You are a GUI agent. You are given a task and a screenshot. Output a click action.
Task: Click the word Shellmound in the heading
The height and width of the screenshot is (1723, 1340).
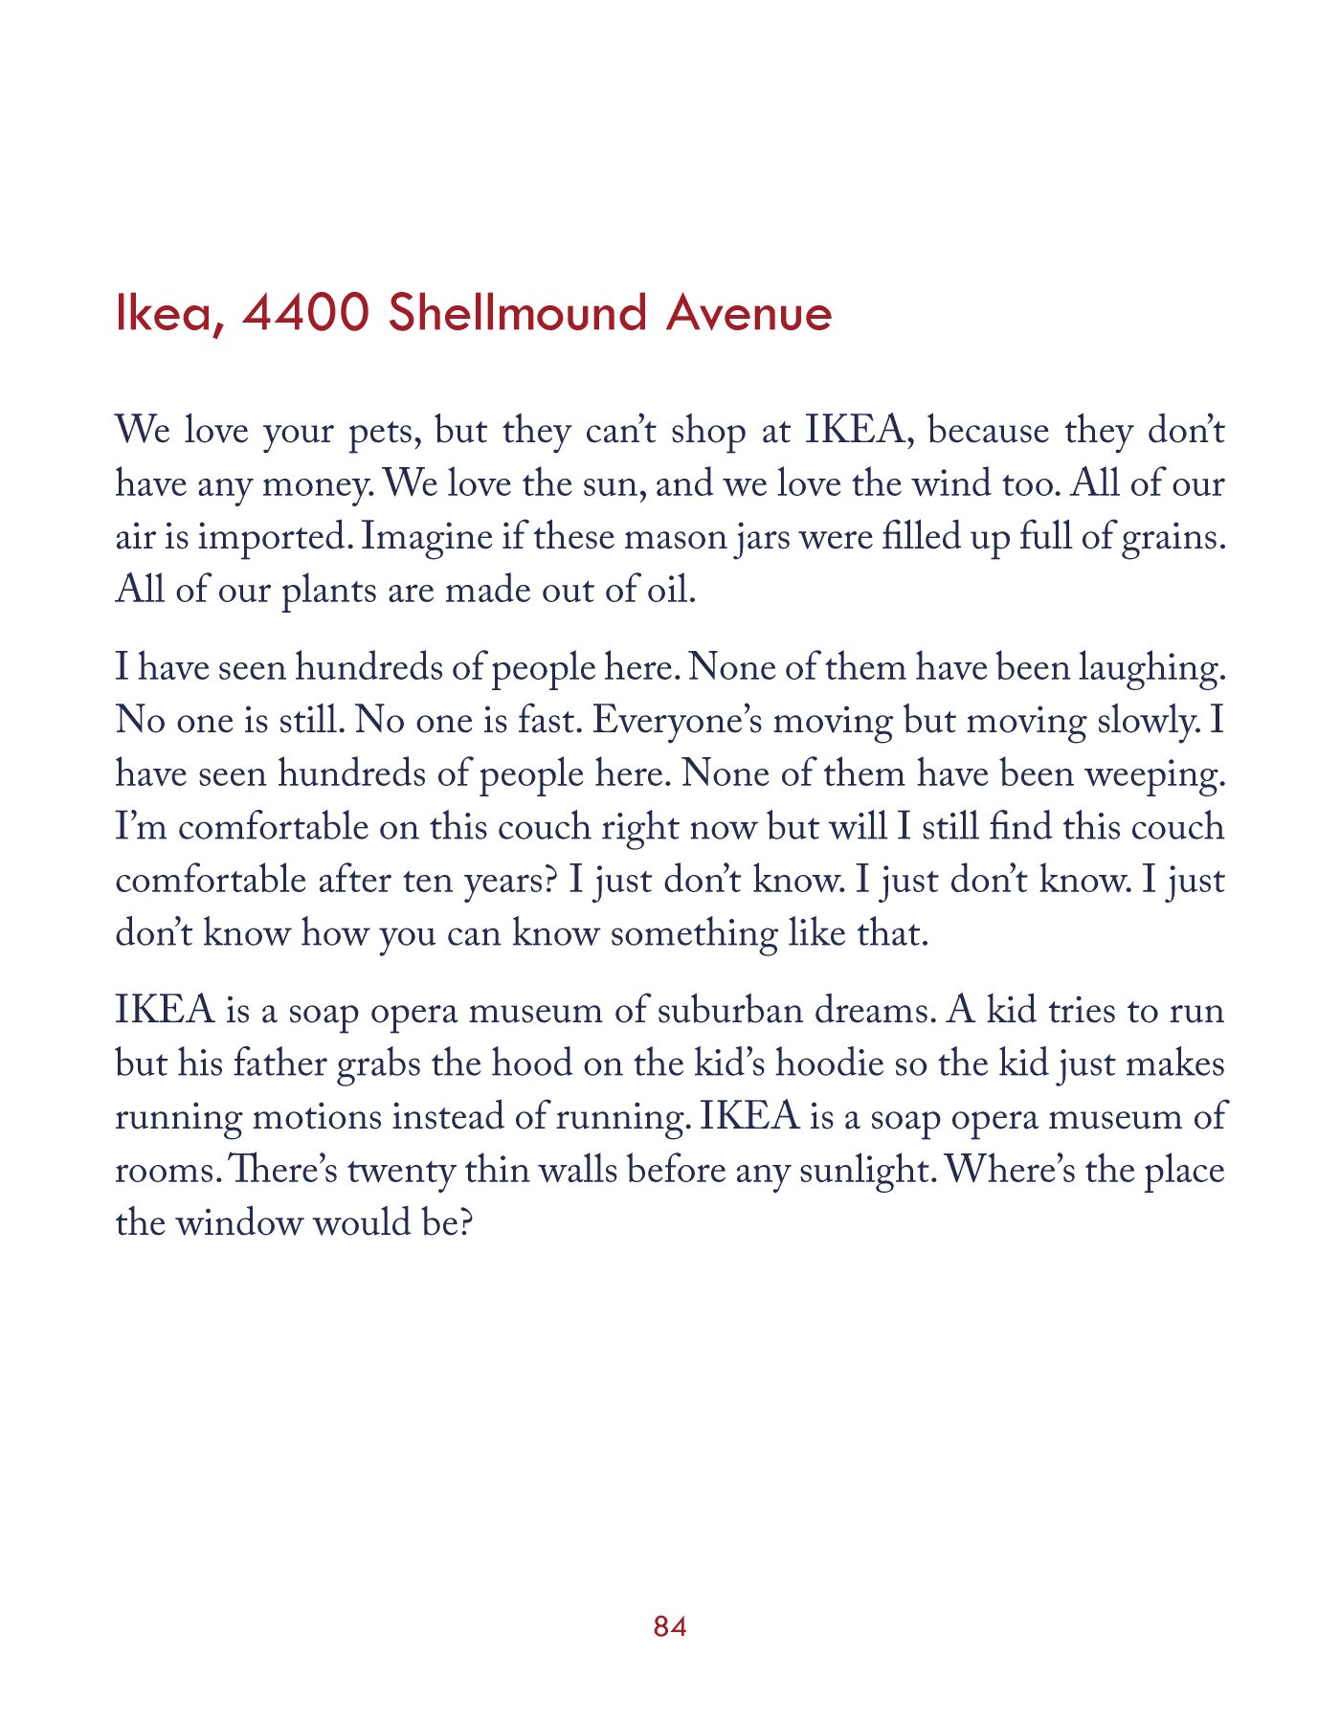[518, 313]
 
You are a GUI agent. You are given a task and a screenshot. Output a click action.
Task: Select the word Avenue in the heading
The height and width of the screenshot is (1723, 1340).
[749, 313]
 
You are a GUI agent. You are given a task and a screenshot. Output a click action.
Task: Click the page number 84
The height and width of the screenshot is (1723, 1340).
[670, 1626]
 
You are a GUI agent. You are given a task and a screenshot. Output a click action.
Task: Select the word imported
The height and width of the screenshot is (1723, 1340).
[274, 538]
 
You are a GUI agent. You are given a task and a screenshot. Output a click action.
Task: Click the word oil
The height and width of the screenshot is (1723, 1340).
[670, 591]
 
